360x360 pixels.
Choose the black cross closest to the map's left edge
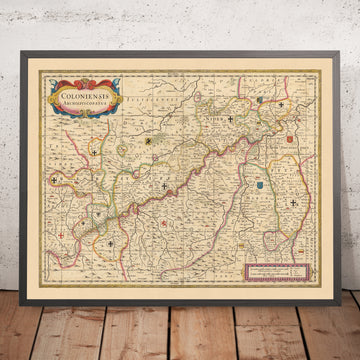95,153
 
